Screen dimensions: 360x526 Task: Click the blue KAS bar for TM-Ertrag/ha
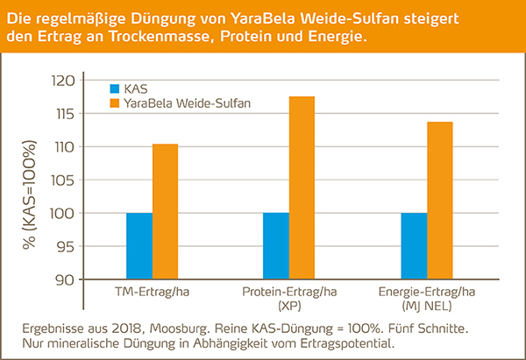(139, 246)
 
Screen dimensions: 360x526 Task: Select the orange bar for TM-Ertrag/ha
(165, 211)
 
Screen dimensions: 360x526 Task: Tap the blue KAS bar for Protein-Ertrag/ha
(276, 246)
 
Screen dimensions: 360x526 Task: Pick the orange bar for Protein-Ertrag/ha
(302, 187)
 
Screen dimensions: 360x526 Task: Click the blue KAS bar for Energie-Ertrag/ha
(414, 246)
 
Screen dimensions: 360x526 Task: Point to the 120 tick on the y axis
(68, 81)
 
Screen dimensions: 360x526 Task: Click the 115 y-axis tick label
(68, 114)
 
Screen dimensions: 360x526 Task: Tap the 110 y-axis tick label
(68, 147)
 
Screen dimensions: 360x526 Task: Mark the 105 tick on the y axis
(68, 180)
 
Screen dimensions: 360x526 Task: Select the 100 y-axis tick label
(68, 214)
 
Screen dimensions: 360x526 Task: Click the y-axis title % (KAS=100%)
(32, 180)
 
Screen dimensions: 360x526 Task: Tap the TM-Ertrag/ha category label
(152, 292)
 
